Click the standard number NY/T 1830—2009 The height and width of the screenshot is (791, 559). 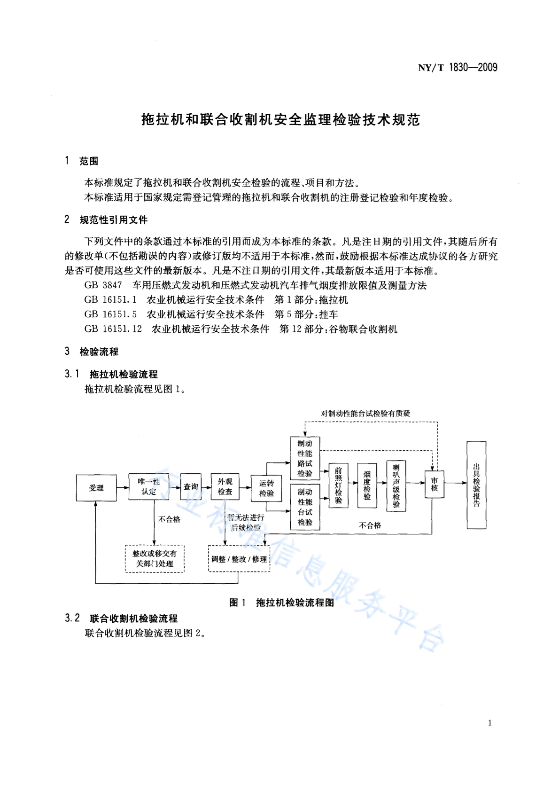tap(458, 67)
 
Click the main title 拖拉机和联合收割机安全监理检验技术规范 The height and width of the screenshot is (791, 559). tap(281, 120)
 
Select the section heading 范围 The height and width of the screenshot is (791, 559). tap(89, 161)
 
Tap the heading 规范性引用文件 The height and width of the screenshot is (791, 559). tap(114, 219)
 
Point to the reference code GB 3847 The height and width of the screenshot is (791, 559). tap(103, 285)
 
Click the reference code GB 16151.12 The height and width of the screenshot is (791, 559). tap(113, 329)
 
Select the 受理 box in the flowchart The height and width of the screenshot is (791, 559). tap(96, 488)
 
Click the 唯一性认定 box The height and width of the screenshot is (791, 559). tap(148, 486)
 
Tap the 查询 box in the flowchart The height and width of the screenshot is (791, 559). tap(191, 486)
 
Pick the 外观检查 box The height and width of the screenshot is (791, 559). tap(225, 486)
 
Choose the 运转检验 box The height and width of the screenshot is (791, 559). tap(266, 488)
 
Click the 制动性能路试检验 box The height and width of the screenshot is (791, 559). tap(305, 458)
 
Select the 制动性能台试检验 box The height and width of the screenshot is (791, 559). tap(305, 507)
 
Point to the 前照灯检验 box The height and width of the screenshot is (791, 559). tap(338, 486)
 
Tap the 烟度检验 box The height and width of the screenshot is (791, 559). tap(367, 486)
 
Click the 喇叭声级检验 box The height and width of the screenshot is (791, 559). tap(396, 486)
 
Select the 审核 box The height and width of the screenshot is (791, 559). tap(435, 484)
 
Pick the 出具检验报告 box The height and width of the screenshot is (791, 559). tap(476, 485)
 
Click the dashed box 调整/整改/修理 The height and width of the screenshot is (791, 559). tap(239, 559)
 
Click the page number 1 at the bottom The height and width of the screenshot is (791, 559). tap(490, 723)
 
